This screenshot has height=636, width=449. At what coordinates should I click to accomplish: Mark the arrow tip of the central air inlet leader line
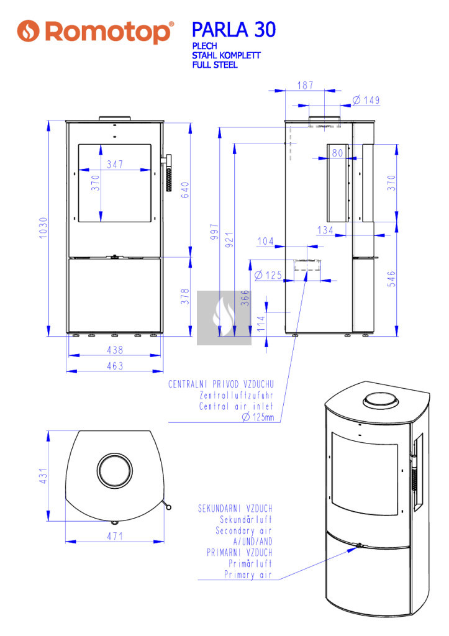pyautogui.click(x=306, y=271)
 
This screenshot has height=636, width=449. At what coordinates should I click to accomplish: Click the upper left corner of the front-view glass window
pyautogui.click(x=78, y=144)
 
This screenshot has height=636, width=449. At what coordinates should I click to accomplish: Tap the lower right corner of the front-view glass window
pyautogui.click(x=152, y=222)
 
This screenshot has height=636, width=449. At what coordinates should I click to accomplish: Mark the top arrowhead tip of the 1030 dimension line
pyautogui.click(x=48, y=120)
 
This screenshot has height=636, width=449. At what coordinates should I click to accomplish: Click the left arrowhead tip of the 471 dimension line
pyautogui.click(x=66, y=542)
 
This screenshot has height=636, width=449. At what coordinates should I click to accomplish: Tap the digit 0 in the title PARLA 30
pyautogui.click(x=270, y=30)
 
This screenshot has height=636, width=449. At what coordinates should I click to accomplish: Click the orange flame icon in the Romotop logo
pyautogui.click(x=28, y=31)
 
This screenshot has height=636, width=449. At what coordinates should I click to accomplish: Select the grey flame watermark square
pyautogui.click(x=224, y=317)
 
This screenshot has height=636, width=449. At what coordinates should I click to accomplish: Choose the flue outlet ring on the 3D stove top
pyautogui.click(x=381, y=400)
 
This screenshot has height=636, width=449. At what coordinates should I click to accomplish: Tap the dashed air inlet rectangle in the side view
pyautogui.click(x=307, y=265)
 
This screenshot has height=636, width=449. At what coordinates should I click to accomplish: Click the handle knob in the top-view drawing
pyautogui.click(x=169, y=507)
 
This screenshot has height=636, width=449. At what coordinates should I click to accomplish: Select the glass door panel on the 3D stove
pyautogui.click(x=365, y=473)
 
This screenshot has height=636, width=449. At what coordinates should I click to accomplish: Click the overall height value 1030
pyautogui.click(x=43, y=228)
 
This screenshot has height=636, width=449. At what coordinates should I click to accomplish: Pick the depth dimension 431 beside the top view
pyautogui.click(x=43, y=476)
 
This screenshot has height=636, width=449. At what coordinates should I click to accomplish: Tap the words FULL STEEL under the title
pyautogui.click(x=215, y=65)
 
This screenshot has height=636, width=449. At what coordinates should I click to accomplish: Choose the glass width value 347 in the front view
pyautogui.click(x=115, y=164)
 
